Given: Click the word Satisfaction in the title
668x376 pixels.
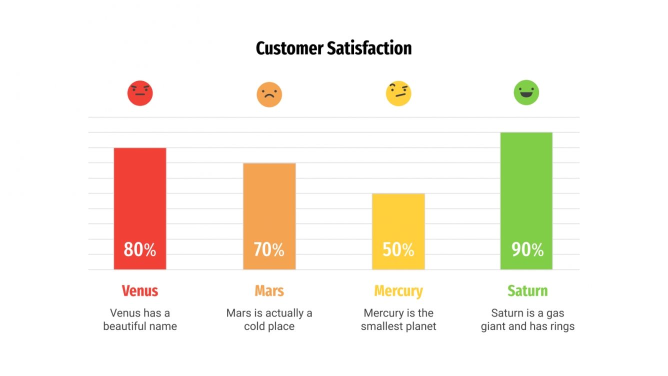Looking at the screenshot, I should tap(369, 48).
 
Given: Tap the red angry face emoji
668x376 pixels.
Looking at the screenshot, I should tap(140, 93).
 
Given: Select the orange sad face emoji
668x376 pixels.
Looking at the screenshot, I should tap(269, 94).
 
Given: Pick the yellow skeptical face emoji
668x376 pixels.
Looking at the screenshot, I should tap(398, 93).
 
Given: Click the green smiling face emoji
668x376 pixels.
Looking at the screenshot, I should tap(526, 92).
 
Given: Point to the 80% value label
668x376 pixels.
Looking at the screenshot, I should tap(140, 249).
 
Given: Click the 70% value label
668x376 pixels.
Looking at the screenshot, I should tap(269, 249).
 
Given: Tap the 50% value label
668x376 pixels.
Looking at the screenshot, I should tap(398, 249).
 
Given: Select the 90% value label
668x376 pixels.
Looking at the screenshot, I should tap(527, 249).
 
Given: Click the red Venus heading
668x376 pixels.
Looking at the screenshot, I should tap(140, 290).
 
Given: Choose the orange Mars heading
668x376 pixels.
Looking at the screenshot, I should tap(269, 290).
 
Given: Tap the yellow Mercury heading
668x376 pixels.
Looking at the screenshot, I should tap(398, 290).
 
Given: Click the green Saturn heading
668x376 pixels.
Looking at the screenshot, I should tap(527, 290).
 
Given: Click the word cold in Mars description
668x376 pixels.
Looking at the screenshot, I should tap(255, 326).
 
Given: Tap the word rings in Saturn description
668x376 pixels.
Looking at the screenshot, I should tap(562, 326).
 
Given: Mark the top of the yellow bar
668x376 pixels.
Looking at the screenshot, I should tap(398, 194).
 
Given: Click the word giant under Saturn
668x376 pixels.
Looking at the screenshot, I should tap(494, 326).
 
